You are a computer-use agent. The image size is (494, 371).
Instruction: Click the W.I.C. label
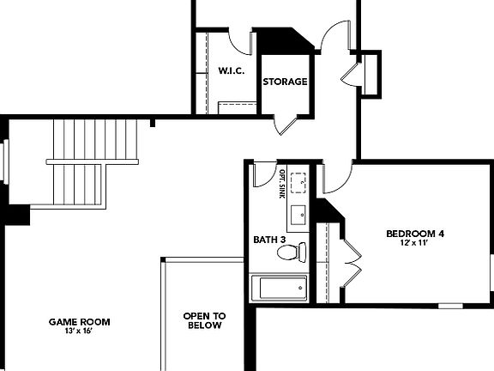coord(231,71)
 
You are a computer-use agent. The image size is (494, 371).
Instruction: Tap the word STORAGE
coord(285,82)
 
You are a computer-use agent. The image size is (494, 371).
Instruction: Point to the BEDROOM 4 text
coord(414,234)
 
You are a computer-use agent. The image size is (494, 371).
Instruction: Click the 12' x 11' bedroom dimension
coord(414,244)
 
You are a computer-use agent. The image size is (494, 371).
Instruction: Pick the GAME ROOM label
coord(79,322)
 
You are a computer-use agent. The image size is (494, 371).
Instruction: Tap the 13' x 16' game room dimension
coord(79,332)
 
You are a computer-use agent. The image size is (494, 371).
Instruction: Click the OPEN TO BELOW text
coord(203,320)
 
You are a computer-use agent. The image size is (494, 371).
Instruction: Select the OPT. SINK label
coord(282,184)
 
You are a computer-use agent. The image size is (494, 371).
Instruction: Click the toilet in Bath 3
coord(292,252)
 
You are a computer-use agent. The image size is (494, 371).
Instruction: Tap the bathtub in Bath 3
coord(280,288)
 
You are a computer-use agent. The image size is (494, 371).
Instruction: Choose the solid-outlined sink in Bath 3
coord(298,214)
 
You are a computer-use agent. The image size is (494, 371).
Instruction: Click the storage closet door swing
coord(286,125)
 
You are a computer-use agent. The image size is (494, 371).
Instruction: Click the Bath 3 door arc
coord(264,172)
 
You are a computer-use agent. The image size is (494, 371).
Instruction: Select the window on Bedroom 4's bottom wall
coord(450,305)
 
